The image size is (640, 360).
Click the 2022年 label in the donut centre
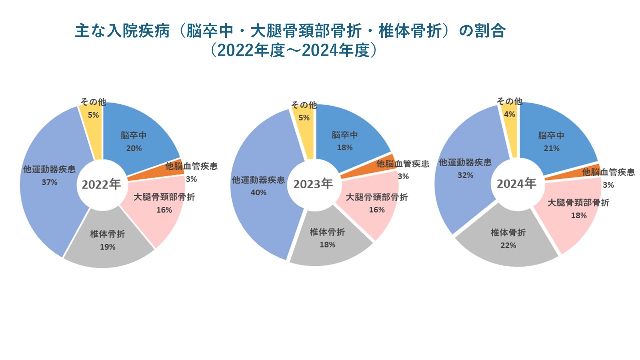click(101, 185)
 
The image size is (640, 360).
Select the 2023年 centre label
click(313, 184)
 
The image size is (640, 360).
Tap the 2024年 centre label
click(516, 184)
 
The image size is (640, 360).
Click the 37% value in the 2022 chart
click(50, 182)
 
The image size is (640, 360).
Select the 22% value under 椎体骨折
click(508, 245)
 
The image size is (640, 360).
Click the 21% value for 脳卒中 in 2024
click(551, 148)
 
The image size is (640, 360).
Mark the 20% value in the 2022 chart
click(134, 148)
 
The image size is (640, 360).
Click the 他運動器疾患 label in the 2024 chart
click(465, 162)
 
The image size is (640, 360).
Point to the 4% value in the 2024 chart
click(510, 114)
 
